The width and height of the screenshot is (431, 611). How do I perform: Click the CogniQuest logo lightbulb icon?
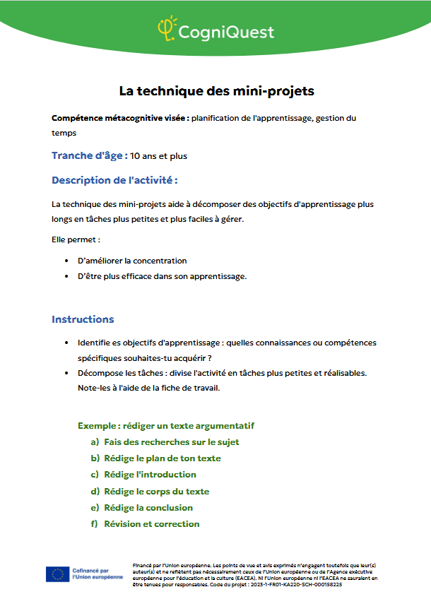point(167,28)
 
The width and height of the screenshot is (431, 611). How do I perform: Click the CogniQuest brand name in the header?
point(225,32)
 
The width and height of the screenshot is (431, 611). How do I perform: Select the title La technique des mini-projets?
point(216,91)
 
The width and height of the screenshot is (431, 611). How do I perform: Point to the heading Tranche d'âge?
point(90,155)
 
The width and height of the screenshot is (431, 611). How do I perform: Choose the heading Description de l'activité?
point(114,180)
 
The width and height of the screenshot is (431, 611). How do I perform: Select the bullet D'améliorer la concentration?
point(132,261)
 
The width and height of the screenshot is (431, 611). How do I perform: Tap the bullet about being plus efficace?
point(162,276)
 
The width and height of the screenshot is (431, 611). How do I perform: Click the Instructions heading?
point(83,319)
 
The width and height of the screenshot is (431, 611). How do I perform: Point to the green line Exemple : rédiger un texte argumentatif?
point(166,426)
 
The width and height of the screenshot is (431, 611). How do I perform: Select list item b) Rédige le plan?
point(162,458)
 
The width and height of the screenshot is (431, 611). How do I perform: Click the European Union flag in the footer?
point(57,574)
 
